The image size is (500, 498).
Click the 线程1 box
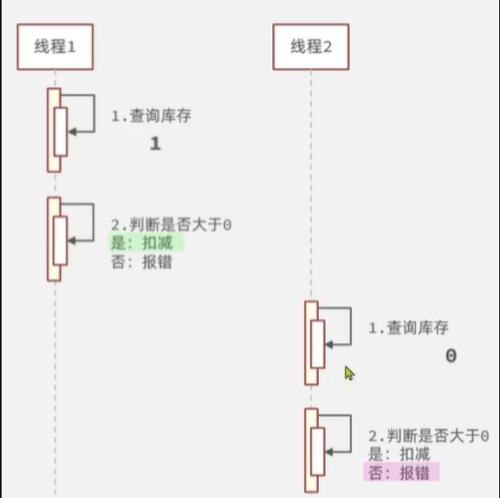coord(55,47)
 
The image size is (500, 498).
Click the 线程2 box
coord(311,47)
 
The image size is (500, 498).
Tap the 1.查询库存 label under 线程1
coord(150,116)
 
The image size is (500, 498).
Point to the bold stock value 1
coord(155,144)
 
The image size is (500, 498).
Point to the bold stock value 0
coord(450,356)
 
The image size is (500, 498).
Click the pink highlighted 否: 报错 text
coord(401,473)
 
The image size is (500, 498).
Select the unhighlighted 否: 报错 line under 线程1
coord(142,262)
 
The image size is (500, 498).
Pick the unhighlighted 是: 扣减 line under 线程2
coord(399,454)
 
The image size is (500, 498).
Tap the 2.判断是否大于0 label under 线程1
coord(171,225)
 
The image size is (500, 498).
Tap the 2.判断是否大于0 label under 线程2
coord(428,436)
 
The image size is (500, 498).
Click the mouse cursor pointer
coord(349,372)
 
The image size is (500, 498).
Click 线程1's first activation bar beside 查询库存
coord(54,130)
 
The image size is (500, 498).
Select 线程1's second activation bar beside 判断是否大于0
coord(54,239)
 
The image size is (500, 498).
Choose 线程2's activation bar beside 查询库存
coord(311,342)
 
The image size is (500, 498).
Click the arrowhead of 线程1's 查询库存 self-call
coord(72,132)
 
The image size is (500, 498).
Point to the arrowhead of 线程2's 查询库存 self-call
coord(329,344)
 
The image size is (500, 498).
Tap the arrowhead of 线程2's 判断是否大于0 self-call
coord(329,452)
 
